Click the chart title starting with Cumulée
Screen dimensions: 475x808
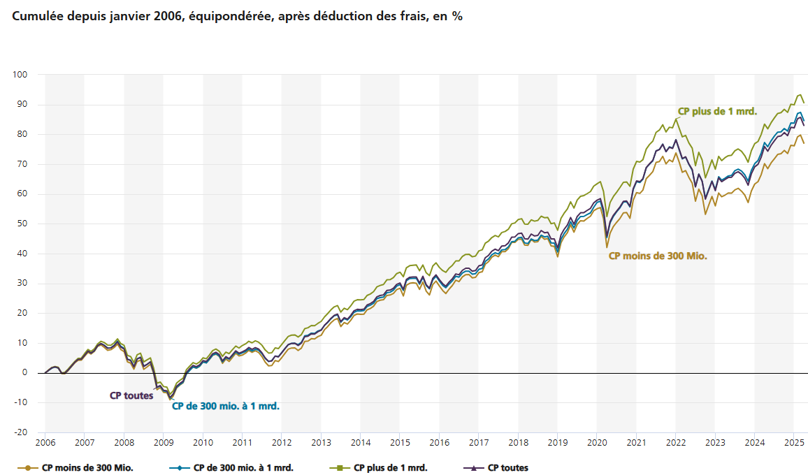(238, 17)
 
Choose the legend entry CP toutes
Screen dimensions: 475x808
(508, 467)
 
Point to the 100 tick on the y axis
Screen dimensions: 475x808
(20, 75)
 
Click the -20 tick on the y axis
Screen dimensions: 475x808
(20, 432)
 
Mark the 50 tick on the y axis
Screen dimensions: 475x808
(22, 224)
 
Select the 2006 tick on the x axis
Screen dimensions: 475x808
(45, 443)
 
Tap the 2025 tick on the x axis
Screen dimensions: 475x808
(794, 443)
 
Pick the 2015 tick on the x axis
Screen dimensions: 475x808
(400, 443)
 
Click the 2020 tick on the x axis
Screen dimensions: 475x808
(597, 443)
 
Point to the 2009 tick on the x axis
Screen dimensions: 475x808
(164, 443)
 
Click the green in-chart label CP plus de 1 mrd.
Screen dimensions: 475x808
(717, 110)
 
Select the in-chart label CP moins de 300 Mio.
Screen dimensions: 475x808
(658, 256)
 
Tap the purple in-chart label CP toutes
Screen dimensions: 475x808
(131, 395)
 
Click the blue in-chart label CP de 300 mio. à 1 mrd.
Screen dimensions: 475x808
(226, 405)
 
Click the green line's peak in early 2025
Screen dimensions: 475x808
(800, 95)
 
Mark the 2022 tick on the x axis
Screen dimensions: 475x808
(676, 443)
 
